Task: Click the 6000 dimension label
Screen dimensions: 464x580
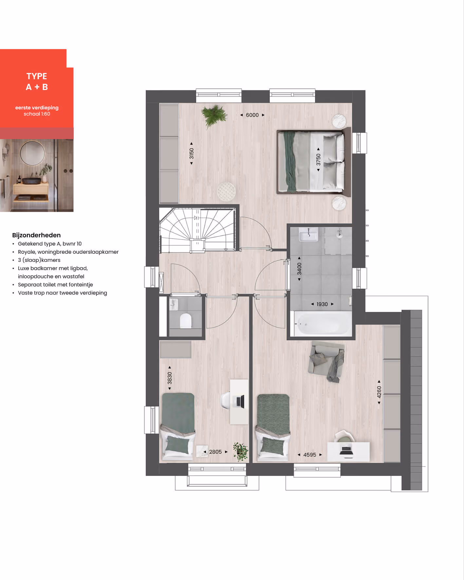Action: click(x=252, y=115)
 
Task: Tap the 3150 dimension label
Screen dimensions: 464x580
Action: click(x=192, y=154)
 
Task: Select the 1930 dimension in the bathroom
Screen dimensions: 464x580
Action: click(x=322, y=304)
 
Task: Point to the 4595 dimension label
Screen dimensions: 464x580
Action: click(x=310, y=455)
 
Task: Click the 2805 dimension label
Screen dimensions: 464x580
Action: click(x=215, y=452)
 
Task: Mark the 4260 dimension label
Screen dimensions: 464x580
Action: click(x=379, y=392)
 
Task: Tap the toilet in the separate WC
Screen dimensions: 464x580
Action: click(x=186, y=321)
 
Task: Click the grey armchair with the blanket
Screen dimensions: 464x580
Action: click(x=326, y=361)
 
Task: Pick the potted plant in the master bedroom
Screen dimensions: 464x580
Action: click(x=214, y=115)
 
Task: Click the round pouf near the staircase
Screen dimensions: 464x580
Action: click(x=226, y=191)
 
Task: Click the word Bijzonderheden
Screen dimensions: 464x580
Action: click(x=36, y=235)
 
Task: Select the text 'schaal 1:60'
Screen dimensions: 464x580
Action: click(x=37, y=114)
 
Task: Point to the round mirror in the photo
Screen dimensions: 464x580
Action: click(x=32, y=153)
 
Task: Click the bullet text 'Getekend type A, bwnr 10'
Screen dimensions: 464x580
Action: click(x=50, y=244)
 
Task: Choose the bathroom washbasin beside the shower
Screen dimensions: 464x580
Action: click(x=308, y=234)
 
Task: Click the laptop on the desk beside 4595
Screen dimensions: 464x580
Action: click(x=346, y=451)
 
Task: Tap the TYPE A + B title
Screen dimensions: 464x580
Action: click(x=37, y=82)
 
